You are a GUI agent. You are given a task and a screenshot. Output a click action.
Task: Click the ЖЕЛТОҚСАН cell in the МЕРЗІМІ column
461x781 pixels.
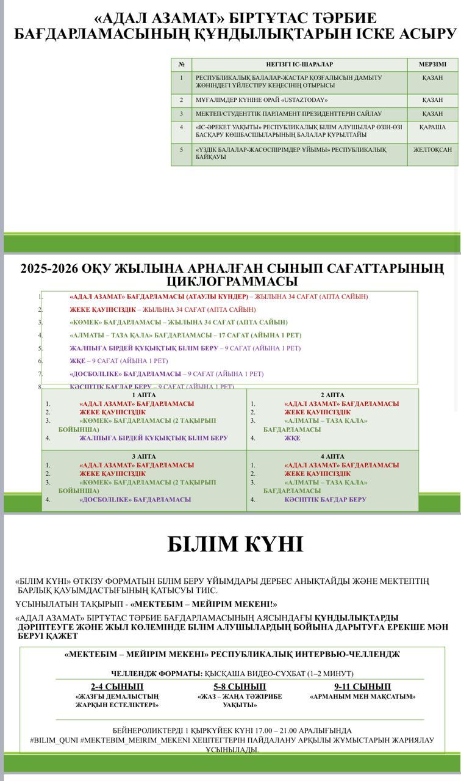click(432, 150)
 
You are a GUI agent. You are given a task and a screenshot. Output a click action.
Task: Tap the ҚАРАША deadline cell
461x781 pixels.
click(432, 128)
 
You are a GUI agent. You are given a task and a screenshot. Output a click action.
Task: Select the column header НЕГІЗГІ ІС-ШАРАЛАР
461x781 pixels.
click(299, 65)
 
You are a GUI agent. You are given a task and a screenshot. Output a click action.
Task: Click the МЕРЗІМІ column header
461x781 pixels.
click(432, 65)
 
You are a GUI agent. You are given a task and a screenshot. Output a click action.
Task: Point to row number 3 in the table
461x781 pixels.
click(181, 114)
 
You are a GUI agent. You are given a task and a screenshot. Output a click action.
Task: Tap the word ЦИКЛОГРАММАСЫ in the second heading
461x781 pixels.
click(232, 282)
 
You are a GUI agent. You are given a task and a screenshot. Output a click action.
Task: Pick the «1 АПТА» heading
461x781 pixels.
click(144, 395)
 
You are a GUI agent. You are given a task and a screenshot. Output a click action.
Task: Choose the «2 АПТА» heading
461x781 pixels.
click(332, 395)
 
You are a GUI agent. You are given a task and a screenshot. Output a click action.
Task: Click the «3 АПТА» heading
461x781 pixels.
click(144, 456)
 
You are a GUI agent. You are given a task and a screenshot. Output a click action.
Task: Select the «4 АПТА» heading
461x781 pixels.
click(332, 456)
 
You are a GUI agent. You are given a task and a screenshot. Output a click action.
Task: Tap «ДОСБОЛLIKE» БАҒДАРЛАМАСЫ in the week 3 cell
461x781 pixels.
click(135, 500)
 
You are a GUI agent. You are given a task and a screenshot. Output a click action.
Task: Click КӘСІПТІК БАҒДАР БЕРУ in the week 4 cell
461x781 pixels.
click(325, 500)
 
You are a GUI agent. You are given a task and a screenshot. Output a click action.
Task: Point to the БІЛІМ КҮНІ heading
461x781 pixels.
click(235, 544)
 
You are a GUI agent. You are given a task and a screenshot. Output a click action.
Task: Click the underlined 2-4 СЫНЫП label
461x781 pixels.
click(117, 686)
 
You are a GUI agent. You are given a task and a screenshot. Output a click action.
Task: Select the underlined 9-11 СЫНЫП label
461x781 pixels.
click(362, 686)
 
